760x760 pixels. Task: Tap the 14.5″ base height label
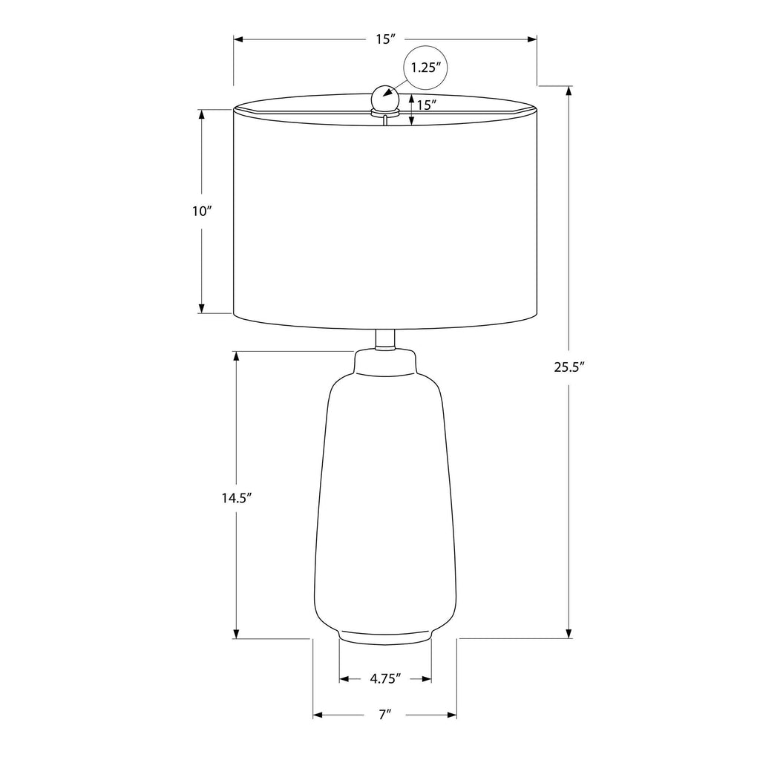(x=237, y=498)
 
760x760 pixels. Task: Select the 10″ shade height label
(x=202, y=212)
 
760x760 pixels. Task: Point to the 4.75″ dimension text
(x=386, y=678)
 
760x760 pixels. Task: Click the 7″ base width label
(x=385, y=714)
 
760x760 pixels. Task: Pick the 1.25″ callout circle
(x=426, y=68)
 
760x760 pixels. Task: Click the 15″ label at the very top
(x=386, y=39)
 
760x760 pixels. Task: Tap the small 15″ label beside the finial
(x=427, y=104)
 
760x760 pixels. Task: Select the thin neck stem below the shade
(x=385, y=339)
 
